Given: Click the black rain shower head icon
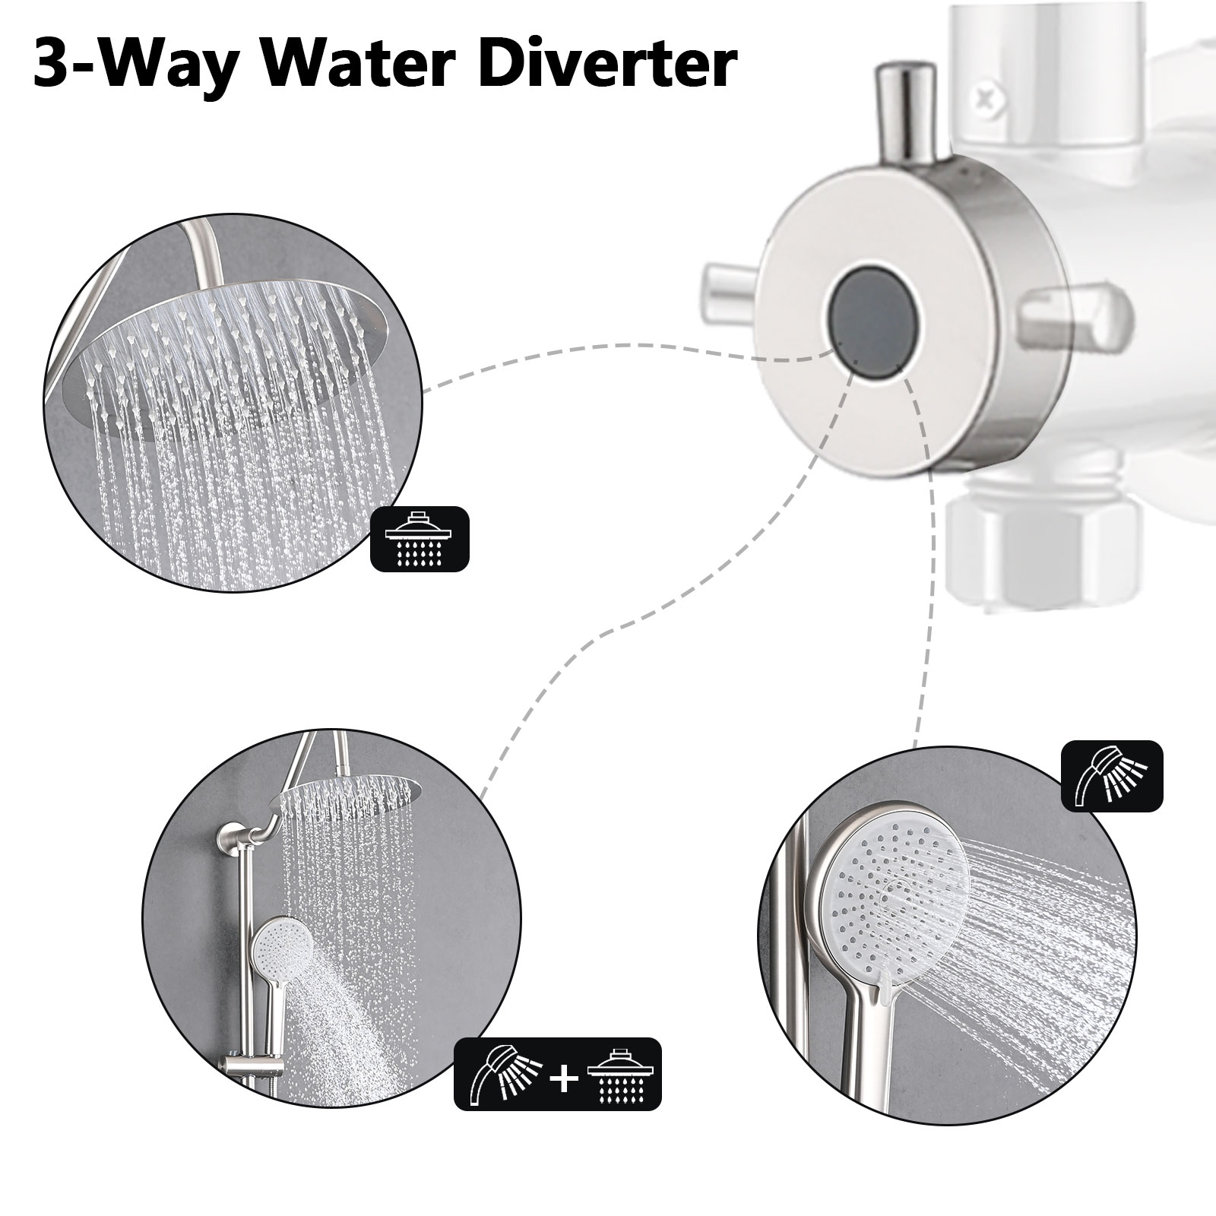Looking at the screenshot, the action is click(420, 538).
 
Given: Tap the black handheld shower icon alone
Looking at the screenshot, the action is click(1112, 776).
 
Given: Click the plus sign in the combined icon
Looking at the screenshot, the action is click(563, 1075).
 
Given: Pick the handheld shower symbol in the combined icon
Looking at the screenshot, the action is click(506, 1074).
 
